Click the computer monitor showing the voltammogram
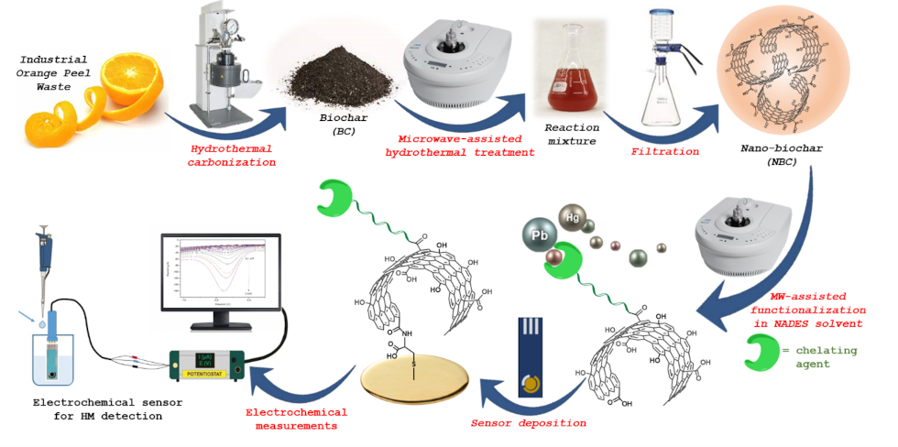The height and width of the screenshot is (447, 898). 218,276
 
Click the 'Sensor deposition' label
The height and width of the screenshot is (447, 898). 529,422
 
